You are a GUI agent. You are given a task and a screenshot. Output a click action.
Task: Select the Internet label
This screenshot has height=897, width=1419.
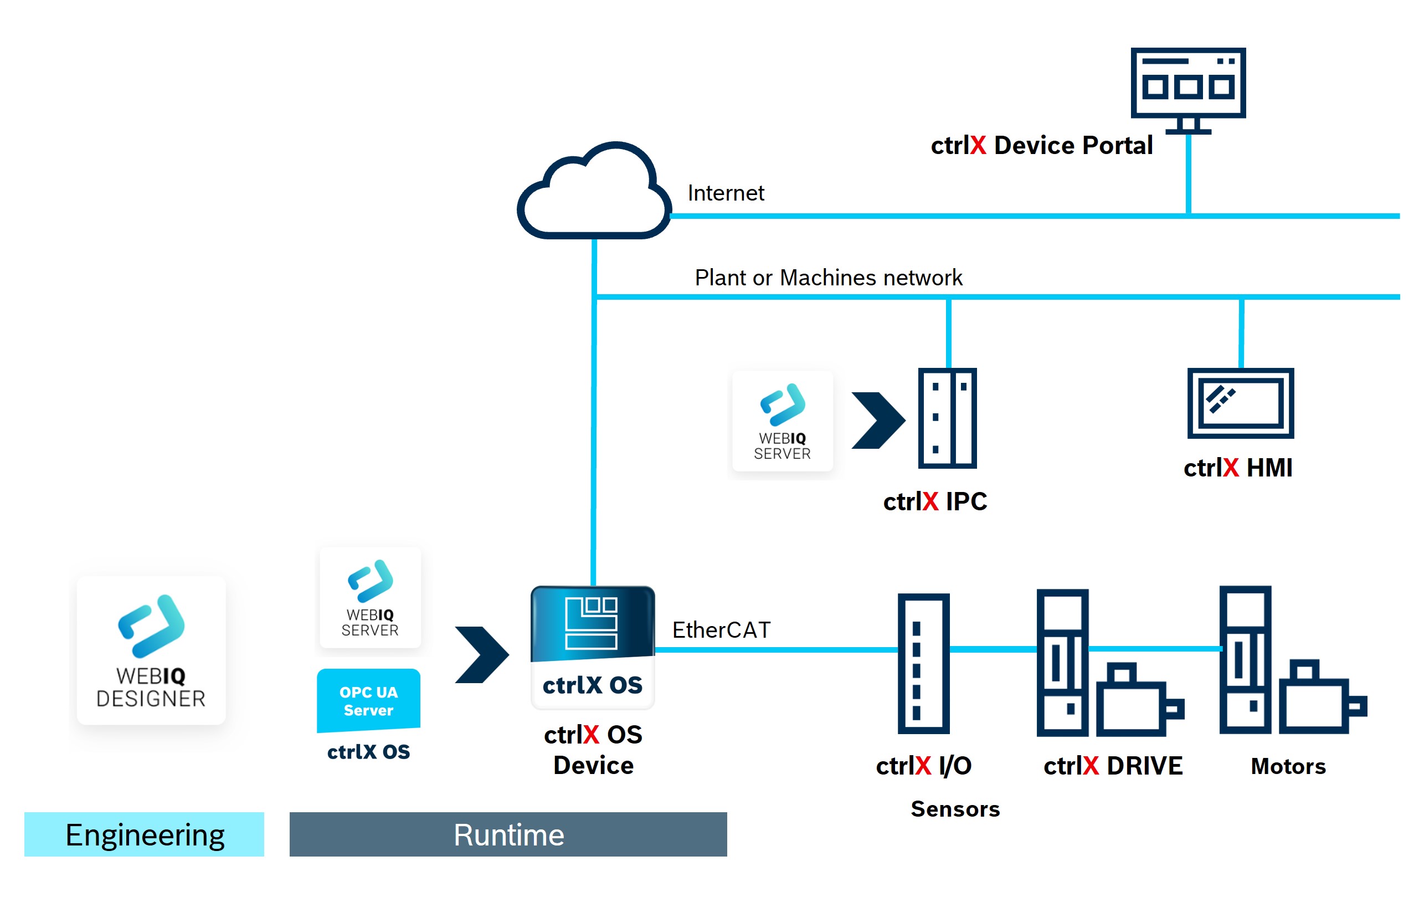pos(726,193)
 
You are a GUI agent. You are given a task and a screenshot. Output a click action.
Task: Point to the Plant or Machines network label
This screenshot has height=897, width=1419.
pos(828,278)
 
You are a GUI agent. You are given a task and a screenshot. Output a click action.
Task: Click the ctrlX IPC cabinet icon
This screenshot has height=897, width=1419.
pos(947,418)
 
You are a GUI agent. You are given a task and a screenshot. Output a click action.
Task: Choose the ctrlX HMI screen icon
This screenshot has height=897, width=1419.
pos(1240,403)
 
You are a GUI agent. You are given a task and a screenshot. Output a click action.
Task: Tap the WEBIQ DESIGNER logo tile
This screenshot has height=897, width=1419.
pos(151,650)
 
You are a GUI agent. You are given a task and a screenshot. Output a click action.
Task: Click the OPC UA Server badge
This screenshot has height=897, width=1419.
pos(368,700)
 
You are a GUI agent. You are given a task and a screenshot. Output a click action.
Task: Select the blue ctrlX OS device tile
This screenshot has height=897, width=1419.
pos(592,647)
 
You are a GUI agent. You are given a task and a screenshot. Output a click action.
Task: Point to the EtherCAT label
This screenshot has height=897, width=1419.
pos(721,630)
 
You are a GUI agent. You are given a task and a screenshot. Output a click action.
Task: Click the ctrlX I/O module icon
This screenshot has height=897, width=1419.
pos(923,663)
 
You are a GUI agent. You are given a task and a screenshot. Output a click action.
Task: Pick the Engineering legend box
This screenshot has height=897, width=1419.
pos(145,834)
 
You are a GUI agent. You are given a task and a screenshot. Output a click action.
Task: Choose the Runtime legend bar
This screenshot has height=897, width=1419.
pos(508,834)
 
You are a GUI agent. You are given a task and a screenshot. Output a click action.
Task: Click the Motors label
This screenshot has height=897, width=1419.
pos(1288,766)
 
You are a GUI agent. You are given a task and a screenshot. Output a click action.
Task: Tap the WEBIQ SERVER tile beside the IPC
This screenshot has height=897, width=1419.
pos(782,421)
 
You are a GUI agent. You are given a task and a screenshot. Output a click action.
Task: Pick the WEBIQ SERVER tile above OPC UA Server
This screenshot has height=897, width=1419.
pos(370,597)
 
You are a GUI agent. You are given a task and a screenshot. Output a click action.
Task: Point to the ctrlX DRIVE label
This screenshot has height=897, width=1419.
pos(1113,766)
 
